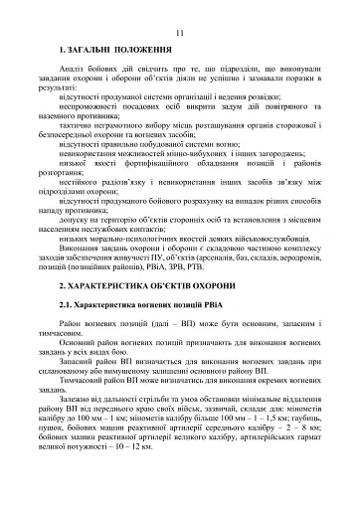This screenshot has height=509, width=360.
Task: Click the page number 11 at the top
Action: pos(179,33)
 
